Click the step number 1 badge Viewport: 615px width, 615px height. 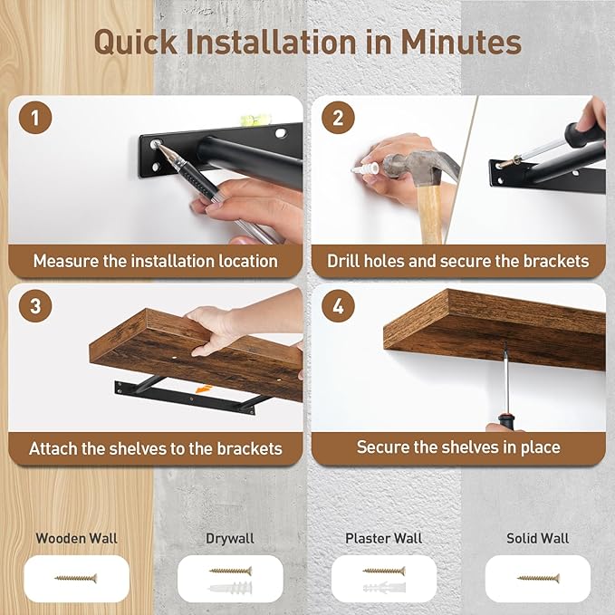35,119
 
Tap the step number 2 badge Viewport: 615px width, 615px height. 338,119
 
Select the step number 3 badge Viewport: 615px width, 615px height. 35,305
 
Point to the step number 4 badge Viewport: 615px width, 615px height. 338,305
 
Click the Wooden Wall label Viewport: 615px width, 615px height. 76,538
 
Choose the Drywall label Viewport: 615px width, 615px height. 230,538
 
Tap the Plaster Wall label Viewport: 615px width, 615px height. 383,538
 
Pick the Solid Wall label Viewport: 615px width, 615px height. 538,538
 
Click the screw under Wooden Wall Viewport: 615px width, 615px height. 76,578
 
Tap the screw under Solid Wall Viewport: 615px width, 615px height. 538,578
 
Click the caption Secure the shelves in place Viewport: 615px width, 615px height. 458,447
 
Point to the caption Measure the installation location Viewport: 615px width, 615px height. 156,261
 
